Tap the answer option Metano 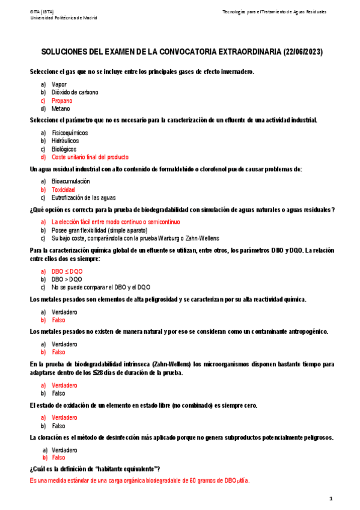pos(61,109)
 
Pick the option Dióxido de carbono pos(75,93)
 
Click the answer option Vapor pos(59,84)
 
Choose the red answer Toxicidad pos(63,189)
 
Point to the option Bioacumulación pos(71,181)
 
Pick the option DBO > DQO pos(67,279)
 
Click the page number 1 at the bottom pos(331,498)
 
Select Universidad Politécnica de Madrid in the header pos(63,17)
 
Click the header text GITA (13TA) pos(41,11)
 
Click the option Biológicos pos(64,149)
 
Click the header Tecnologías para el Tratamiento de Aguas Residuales pos(275,11)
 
